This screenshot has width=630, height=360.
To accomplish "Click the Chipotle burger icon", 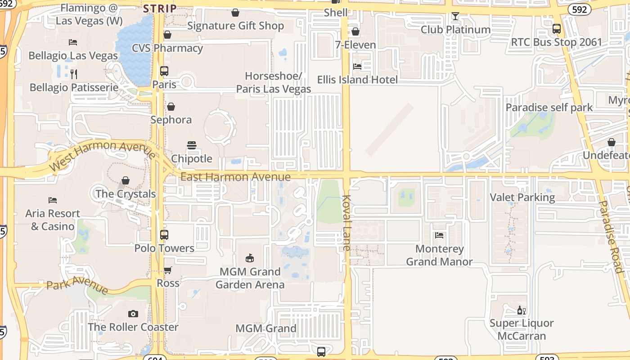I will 192,145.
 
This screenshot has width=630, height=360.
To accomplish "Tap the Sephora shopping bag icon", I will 171,107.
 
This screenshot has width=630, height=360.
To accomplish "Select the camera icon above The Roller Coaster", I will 133,314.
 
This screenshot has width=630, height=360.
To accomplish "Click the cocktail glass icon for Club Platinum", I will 455,17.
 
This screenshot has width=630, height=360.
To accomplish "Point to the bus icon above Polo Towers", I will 164,234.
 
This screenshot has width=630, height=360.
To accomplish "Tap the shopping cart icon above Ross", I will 167,270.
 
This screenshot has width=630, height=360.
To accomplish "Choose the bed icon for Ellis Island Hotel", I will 357,67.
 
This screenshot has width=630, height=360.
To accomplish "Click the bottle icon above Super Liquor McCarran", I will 521,310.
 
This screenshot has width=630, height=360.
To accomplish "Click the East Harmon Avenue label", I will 235,177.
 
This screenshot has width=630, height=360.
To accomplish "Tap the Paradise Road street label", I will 610,236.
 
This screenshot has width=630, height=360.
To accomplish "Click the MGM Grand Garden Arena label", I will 250,278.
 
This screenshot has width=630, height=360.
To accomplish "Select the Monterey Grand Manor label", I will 439,255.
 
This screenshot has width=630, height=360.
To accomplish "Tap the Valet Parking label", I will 522,197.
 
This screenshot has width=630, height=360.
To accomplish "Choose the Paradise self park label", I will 549,108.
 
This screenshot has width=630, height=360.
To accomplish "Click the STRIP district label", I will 160,9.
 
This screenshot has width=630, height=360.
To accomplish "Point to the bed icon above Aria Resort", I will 53,200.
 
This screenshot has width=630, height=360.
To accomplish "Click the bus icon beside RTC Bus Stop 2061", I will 557,29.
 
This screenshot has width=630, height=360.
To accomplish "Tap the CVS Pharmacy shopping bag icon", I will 167,35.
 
